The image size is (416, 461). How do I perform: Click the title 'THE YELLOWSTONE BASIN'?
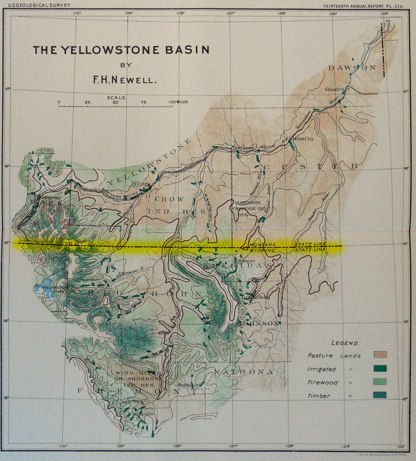click(121, 50)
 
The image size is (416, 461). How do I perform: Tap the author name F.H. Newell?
click(125, 79)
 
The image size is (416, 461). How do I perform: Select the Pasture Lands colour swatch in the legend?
click(380, 355)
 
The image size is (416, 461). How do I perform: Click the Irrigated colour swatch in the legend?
click(380, 368)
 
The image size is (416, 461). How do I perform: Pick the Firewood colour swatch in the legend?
click(380, 382)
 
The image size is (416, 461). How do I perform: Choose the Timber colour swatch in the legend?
click(380, 395)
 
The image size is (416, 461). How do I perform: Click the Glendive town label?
click(335, 89)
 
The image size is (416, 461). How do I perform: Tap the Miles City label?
click(303, 139)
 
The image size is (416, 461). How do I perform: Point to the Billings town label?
click(140, 184)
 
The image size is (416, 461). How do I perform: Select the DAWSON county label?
click(352, 68)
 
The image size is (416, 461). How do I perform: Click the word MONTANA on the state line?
click(263, 243)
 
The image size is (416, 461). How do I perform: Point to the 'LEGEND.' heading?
click(345, 343)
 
